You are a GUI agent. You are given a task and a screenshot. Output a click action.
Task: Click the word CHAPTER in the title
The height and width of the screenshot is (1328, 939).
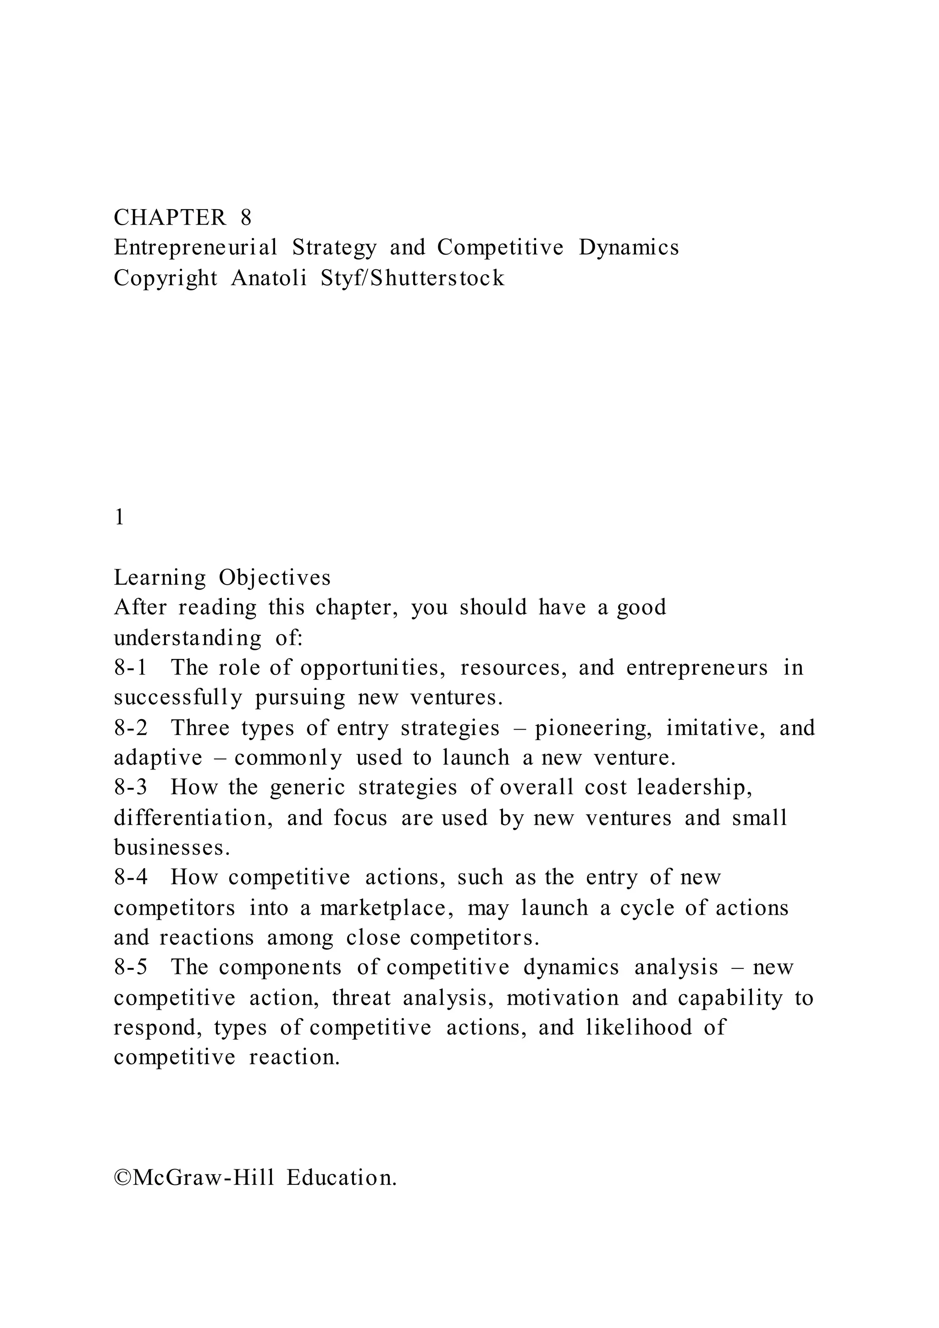[170, 217]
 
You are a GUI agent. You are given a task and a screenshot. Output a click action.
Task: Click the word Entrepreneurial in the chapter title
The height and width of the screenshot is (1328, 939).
[195, 248]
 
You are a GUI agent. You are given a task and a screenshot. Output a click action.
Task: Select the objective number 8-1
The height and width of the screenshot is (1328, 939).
[131, 668]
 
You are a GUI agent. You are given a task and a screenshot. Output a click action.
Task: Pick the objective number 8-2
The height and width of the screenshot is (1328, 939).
[131, 728]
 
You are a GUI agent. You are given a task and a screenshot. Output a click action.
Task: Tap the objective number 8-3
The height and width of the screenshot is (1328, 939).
[131, 788]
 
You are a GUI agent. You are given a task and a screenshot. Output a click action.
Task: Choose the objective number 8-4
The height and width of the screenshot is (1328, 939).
[131, 877]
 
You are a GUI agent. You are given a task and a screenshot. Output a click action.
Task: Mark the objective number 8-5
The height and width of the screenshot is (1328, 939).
[131, 967]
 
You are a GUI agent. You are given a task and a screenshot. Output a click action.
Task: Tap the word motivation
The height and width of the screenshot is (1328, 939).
[563, 998]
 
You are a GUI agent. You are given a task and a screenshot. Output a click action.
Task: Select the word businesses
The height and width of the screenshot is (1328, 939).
[172, 847]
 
